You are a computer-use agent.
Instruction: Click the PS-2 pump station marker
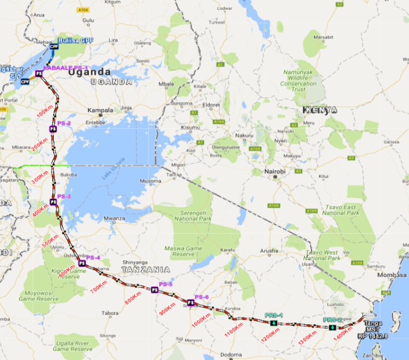click(53, 128)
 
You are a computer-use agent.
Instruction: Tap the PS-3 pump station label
click(63, 196)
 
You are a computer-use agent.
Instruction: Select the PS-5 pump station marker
click(154, 290)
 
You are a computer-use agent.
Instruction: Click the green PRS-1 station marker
click(273, 323)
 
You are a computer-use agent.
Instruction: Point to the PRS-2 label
click(332, 320)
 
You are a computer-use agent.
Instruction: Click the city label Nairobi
click(275, 171)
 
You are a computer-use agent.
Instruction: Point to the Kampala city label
click(101, 111)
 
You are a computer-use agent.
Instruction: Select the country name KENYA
click(320, 110)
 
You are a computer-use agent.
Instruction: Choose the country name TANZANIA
click(145, 269)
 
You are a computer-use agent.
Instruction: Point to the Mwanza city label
click(114, 218)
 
